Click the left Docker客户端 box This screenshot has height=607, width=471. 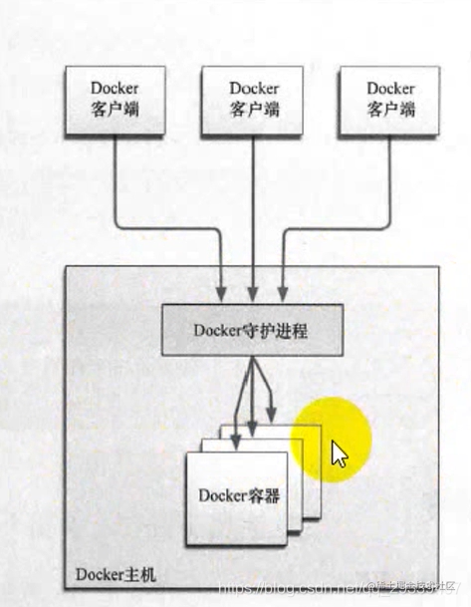(x=113, y=99)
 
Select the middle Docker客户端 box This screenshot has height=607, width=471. (x=253, y=99)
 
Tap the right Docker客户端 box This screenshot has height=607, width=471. (x=389, y=99)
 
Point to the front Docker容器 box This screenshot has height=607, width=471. (x=235, y=496)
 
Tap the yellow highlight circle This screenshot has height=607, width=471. (x=332, y=439)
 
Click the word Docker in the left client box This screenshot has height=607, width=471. (x=113, y=89)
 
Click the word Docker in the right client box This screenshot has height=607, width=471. (x=389, y=89)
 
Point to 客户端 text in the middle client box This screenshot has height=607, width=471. (x=253, y=109)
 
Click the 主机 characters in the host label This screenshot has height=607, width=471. (x=131, y=576)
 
